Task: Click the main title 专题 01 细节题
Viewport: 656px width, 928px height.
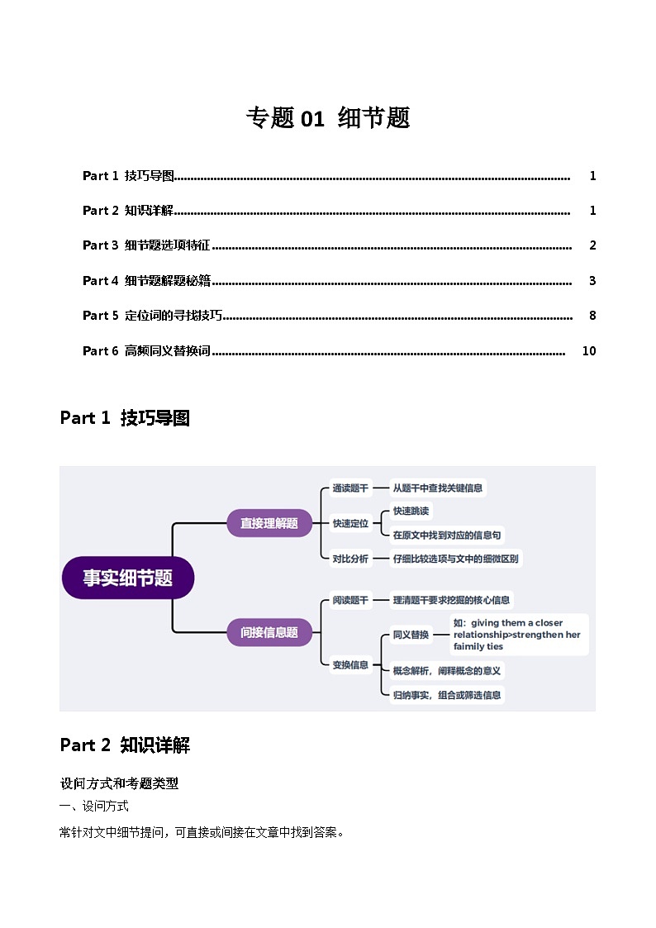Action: (x=327, y=118)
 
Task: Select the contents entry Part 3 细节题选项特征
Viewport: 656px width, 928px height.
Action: (x=146, y=245)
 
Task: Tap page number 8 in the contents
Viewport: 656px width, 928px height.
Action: (x=592, y=316)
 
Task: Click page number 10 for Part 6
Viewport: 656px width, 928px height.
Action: (x=588, y=350)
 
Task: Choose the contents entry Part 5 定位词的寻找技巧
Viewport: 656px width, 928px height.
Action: (x=153, y=316)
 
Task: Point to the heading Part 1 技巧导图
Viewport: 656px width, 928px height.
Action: (x=125, y=418)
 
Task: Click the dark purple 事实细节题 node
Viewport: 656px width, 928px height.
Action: (x=128, y=578)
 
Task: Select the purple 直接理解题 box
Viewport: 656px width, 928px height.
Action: (x=269, y=523)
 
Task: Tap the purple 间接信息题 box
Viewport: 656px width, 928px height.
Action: (x=269, y=632)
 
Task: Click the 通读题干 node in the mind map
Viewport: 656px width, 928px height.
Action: (x=350, y=488)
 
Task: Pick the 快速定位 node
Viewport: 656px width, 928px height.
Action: (x=350, y=523)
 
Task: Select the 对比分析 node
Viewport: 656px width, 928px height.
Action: (x=350, y=559)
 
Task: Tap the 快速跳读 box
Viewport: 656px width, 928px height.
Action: (x=411, y=512)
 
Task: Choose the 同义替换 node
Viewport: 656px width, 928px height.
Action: (x=410, y=635)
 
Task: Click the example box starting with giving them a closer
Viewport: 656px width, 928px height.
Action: (x=520, y=635)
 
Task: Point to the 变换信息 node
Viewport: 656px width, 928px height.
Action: (x=350, y=664)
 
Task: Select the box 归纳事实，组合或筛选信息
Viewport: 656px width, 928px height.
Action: (x=446, y=695)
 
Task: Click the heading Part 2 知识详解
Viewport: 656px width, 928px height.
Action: (x=125, y=745)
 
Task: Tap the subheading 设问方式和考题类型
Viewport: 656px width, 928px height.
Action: (x=119, y=783)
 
